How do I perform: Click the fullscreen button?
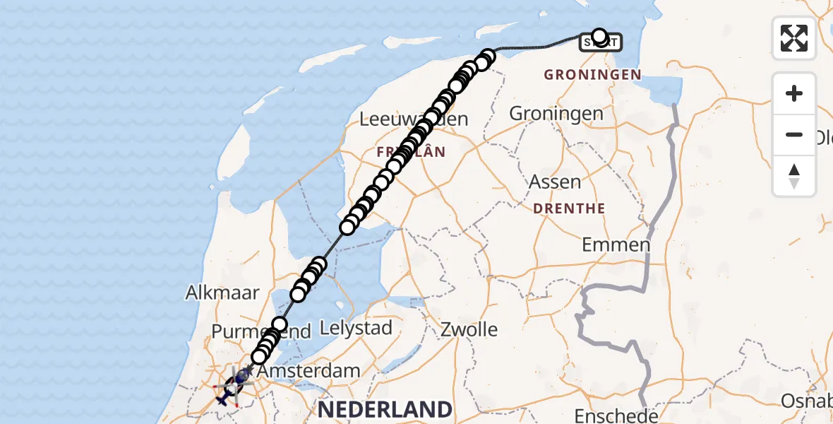coord(794,37)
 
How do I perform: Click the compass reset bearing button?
coord(794,177)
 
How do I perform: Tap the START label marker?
coord(601,44)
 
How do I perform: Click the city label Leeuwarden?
coord(414,119)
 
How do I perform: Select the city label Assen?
coord(556,182)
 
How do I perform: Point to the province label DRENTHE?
coord(570,208)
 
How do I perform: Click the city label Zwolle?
coord(469,329)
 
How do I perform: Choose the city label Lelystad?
coord(356,328)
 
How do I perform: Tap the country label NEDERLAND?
coord(385,408)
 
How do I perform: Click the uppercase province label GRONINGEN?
coord(593,74)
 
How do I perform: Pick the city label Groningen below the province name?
coord(556,113)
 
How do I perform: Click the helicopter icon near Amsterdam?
coord(235,385)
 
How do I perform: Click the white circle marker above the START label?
coord(599,36)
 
